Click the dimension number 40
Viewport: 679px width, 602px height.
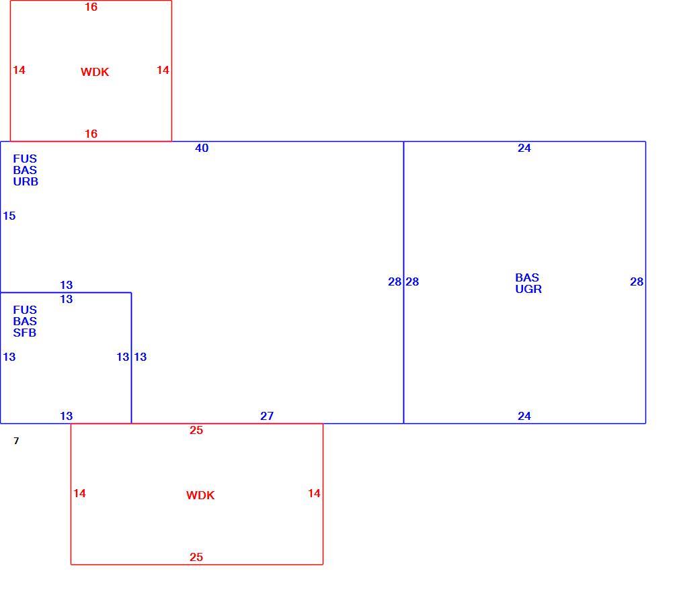(x=202, y=148)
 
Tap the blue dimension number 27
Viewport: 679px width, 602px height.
(x=267, y=416)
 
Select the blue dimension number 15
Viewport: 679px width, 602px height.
(x=9, y=216)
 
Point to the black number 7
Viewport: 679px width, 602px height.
(x=16, y=441)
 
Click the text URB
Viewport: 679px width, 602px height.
(x=26, y=182)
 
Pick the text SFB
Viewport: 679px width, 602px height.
(x=25, y=333)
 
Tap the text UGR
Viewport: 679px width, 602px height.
(x=528, y=289)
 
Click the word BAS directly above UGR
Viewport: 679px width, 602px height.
(x=527, y=277)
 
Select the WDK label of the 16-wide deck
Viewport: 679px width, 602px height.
(x=95, y=72)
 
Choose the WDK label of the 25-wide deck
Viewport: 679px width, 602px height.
(x=200, y=495)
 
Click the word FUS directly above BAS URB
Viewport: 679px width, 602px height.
(x=25, y=159)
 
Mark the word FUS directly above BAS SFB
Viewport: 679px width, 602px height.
(x=25, y=310)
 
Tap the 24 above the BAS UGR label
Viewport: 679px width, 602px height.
(x=524, y=148)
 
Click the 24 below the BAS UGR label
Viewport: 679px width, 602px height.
(x=524, y=416)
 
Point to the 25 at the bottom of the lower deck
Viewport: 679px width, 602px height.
(x=196, y=557)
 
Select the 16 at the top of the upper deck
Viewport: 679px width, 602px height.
(x=91, y=7)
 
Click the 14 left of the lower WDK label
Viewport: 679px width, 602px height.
(x=79, y=493)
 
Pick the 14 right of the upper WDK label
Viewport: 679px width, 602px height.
(x=163, y=70)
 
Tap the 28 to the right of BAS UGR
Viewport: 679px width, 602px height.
(x=637, y=282)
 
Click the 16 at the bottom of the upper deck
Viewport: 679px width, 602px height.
(x=91, y=134)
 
